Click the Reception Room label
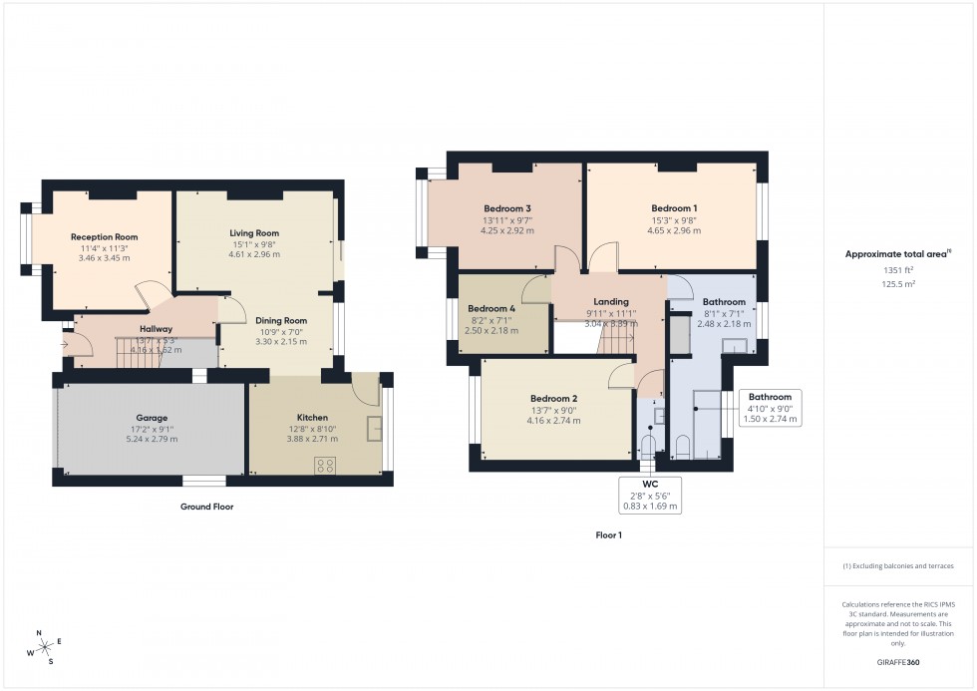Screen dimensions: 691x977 click(x=104, y=237)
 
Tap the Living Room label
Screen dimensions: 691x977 click(x=254, y=232)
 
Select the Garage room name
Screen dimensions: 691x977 click(x=152, y=418)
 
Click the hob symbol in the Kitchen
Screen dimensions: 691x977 click(x=325, y=464)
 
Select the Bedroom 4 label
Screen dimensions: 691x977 click(x=492, y=308)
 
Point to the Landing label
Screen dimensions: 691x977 click(x=611, y=302)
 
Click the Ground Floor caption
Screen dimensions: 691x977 click(x=207, y=507)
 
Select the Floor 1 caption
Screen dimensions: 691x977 click(x=608, y=535)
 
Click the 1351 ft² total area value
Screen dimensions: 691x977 click(x=899, y=270)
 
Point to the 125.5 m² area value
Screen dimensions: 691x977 click(x=899, y=284)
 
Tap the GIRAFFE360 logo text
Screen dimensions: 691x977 click(x=899, y=661)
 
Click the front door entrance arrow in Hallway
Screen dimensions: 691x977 click(x=65, y=346)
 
